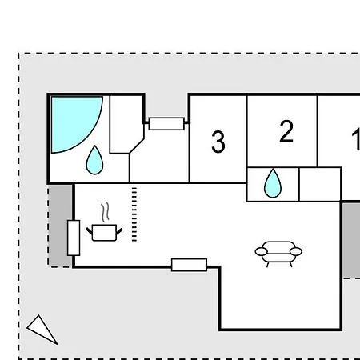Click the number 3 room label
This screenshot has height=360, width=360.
tap(218, 142)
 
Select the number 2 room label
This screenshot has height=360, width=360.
tap(286, 131)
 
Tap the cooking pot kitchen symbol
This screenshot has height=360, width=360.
tap(104, 233)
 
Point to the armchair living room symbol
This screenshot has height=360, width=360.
tap(278, 254)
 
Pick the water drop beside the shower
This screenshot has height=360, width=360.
tap(94, 160)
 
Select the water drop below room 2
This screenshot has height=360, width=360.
tap(273, 183)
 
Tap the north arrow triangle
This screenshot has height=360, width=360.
tap(42, 329)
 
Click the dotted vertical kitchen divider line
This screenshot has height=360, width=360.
tap(134, 214)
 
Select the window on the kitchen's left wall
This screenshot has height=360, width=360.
tap(74, 238)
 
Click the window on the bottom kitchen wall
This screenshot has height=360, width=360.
tap(189, 265)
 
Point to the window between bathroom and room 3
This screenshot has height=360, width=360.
tap(166, 124)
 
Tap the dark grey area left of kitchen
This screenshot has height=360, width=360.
tap(60, 226)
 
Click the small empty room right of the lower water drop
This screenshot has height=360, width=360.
tap(320, 184)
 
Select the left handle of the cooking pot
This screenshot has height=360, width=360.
tap(89, 230)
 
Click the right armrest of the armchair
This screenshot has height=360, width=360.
tap(296, 251)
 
